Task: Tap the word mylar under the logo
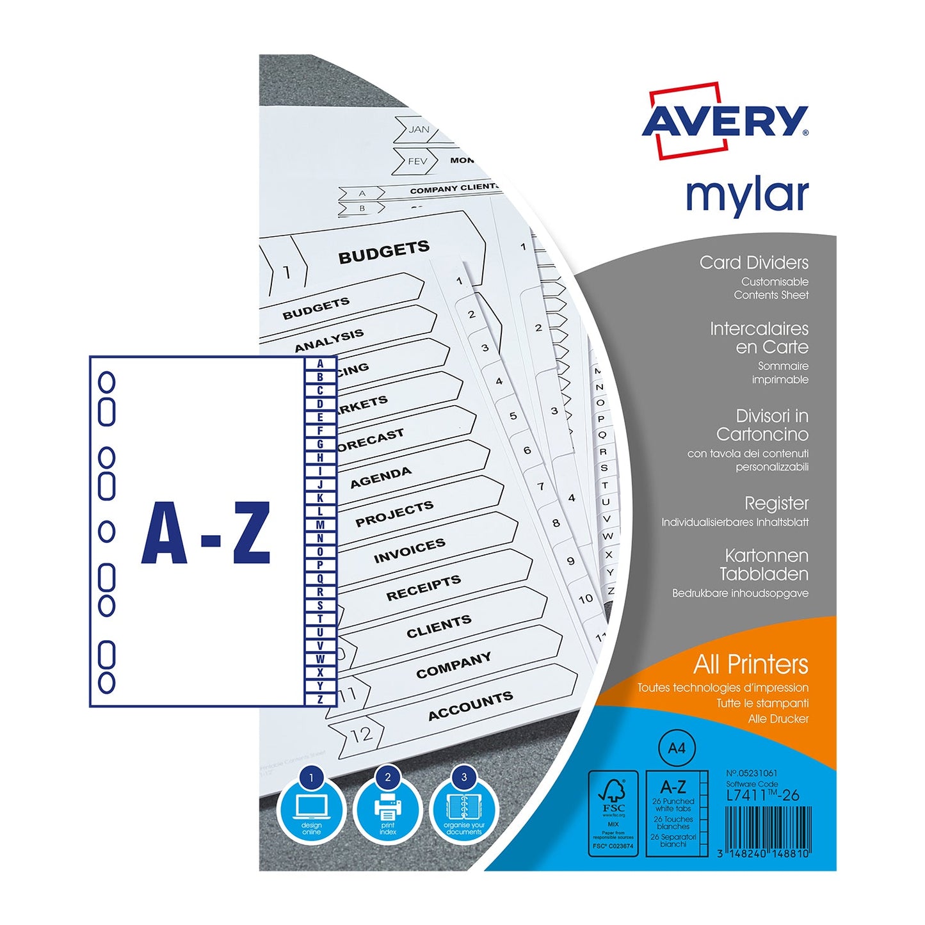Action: click(747, 195)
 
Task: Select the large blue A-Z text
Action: click(206, 533)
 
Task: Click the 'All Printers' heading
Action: click(750, 664)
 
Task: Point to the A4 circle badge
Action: click(677, 748)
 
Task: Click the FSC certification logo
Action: click(613, 813)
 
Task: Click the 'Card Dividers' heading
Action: click(753, 262)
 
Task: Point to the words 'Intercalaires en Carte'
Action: click(759, 338)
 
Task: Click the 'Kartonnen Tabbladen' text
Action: click(766, 565)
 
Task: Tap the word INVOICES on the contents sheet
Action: click(410, 551)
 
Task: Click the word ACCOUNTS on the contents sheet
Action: click(471, 705)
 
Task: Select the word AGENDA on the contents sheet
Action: click(381, 478)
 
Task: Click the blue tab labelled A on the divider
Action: click(320, 364)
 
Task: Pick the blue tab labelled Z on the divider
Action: click(320, 699)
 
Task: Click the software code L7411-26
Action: click(762, 795)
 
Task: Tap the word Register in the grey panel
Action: click(776, 503)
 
